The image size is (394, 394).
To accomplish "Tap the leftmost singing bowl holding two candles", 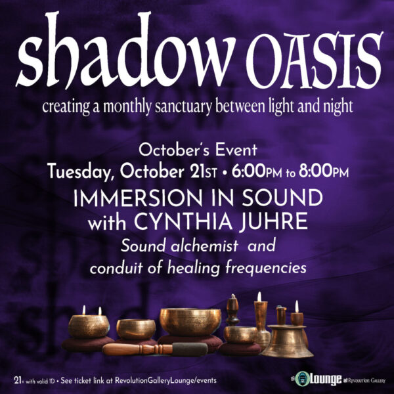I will (x=89, y=325).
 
